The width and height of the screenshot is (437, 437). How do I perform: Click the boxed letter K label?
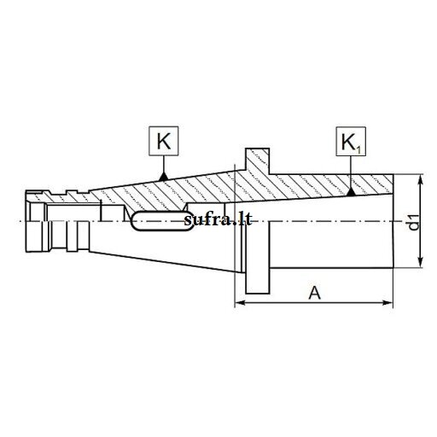coord(164,141)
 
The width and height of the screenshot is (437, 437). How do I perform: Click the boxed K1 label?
coord(351,142)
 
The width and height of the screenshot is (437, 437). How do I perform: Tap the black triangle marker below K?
coord(163,177)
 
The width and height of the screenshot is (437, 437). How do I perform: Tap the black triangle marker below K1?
coord(351,192)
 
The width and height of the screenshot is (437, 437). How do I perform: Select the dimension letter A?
coord(314,293)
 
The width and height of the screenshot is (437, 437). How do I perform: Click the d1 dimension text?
coord(414,222)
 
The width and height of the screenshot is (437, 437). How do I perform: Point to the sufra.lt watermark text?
coord(218,219)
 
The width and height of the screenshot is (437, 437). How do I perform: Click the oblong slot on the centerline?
coord(161,221)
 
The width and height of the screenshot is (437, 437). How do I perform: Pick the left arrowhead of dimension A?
coord(241,303)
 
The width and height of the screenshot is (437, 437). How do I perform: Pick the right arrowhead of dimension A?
coord(387,303)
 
